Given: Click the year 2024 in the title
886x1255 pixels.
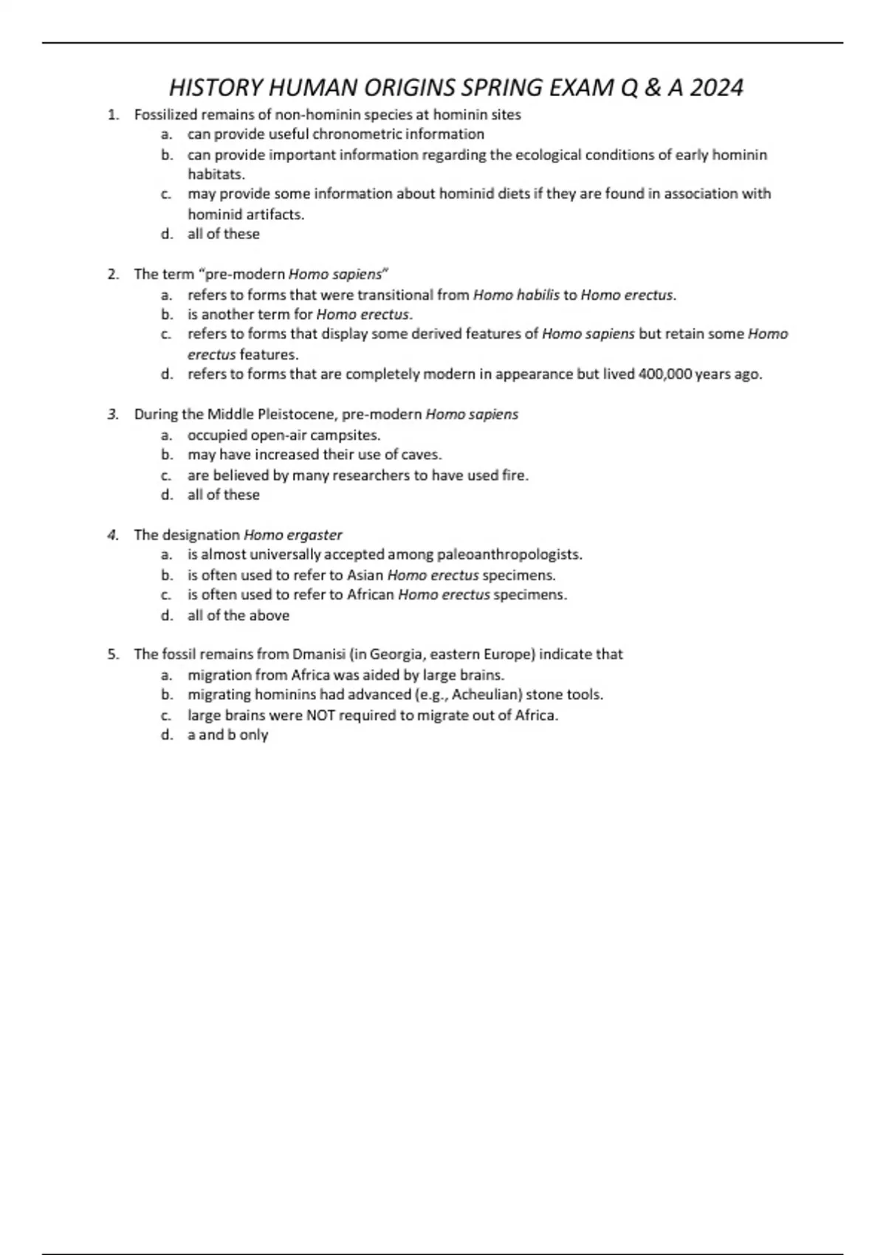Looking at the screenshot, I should tap(716, 88).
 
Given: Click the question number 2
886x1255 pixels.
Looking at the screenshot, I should tap(113, 275).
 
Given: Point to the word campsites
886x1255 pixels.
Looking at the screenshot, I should tap(346, 436).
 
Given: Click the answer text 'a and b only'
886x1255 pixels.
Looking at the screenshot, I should tap(227, 735).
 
